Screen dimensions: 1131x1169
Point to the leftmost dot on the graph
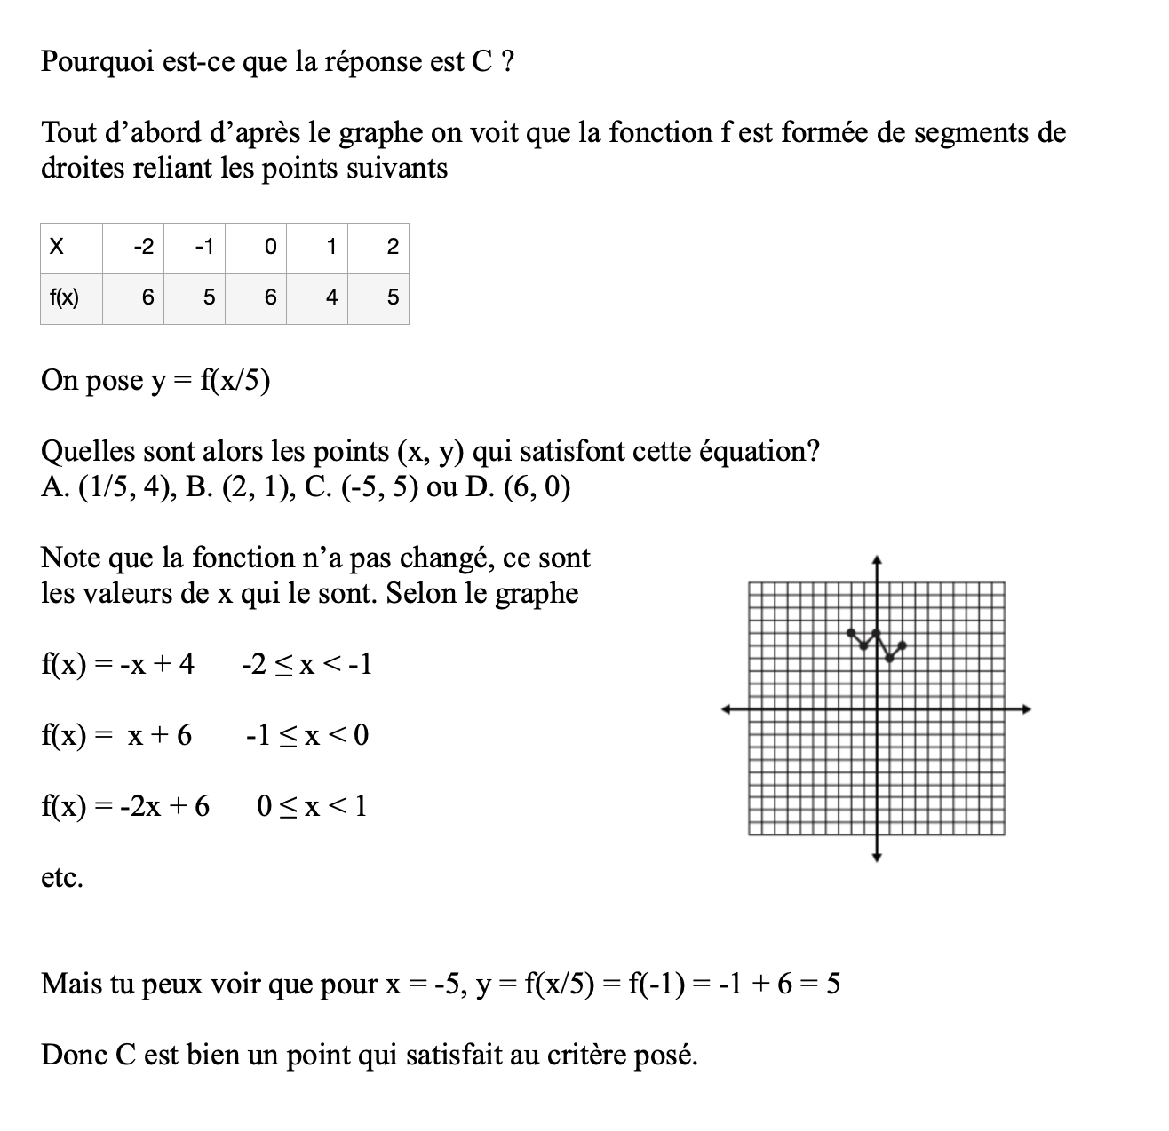[852, 632]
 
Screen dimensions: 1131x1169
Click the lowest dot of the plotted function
[890, 658]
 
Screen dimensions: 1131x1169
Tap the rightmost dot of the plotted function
[903, 645]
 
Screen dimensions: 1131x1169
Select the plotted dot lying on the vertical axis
[877, 632]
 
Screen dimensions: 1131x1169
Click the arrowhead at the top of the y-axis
[877, 560]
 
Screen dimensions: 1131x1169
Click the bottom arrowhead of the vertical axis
[877, 857]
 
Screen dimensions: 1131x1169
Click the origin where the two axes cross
[877, 708]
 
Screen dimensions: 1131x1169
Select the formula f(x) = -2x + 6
[125, 806]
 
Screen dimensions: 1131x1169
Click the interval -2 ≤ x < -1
[306, 664]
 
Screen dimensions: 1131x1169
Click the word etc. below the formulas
[62, 878]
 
